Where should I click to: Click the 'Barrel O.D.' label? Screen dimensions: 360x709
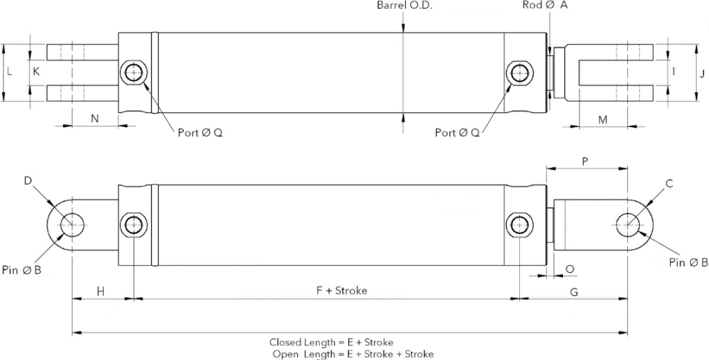point(404,6)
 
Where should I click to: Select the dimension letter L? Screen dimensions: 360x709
point(10,71)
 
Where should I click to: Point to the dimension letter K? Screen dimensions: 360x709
point(36,71)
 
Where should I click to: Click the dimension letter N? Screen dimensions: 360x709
point(95,118)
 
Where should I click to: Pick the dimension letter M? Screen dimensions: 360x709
point(602,119)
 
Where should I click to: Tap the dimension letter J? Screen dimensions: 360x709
point(701,72)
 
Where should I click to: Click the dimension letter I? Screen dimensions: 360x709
point(673,72)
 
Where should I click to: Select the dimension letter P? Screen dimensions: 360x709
point(585,161)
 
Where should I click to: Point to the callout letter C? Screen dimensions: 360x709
point(669,183)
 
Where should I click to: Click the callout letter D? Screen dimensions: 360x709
point(28,181)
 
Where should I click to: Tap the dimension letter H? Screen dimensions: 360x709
point(100,291)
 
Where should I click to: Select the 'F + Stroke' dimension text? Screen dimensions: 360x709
point(337,291)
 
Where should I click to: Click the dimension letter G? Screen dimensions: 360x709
point(574,292)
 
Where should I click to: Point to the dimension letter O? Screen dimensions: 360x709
point(570,269)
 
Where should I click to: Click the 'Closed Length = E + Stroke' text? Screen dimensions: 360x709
point(331,343)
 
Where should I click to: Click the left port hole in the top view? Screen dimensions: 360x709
point(132,72)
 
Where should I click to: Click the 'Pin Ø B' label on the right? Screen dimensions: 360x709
point(688,262)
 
